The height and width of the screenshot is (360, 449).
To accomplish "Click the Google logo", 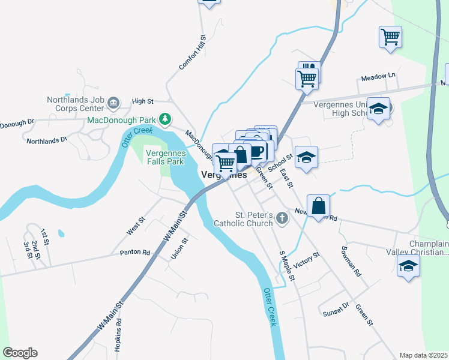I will [20, 353].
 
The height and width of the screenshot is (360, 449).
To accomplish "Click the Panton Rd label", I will [134, 253].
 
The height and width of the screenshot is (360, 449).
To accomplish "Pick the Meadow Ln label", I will [378, 76].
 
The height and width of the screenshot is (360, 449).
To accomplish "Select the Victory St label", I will [308, 260].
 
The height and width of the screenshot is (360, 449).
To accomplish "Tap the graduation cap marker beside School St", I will [306, 157].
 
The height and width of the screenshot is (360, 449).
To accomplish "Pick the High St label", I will [143, 101].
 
